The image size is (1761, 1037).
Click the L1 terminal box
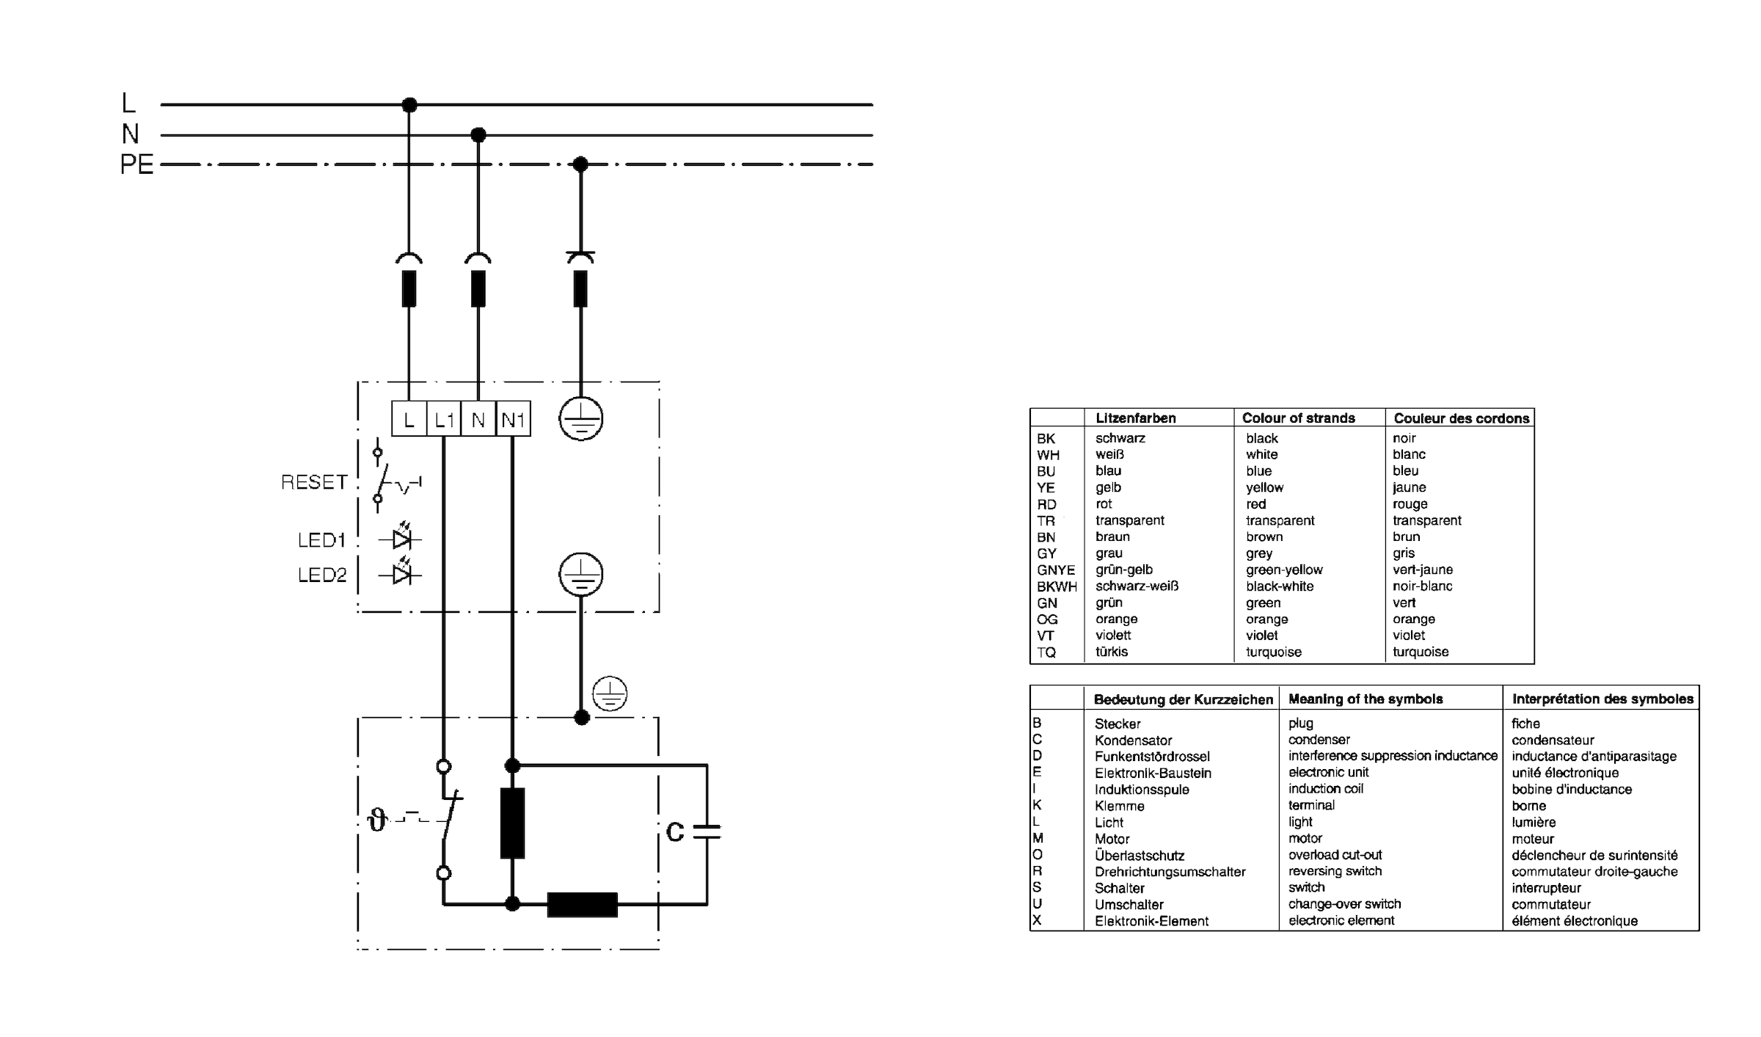point(444,420)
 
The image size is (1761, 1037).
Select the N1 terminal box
point(513,420)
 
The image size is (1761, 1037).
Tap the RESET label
point(314,482)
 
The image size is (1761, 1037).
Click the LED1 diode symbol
point(401,539)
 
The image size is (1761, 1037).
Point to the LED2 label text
point(321,575)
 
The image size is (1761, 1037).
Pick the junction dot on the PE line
point(580,164)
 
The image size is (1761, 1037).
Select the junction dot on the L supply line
point(409,105)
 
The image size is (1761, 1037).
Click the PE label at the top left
point(136,164)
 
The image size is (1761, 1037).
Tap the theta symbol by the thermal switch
point(377,819)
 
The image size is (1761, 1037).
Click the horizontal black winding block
point(582,904)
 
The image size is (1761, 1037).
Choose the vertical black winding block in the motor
point(512,823)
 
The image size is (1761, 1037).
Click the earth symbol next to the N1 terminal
point(580,420)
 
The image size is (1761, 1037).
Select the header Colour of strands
point(1298,418)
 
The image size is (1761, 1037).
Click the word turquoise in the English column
point(1273,652)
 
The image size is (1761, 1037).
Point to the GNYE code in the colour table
point(1055,570)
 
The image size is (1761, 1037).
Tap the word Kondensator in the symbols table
point(1133,741)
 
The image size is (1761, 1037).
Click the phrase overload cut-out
point(1335,855)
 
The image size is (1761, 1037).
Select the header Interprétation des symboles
point(1602,699)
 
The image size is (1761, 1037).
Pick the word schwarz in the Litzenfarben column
point(1120,438)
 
